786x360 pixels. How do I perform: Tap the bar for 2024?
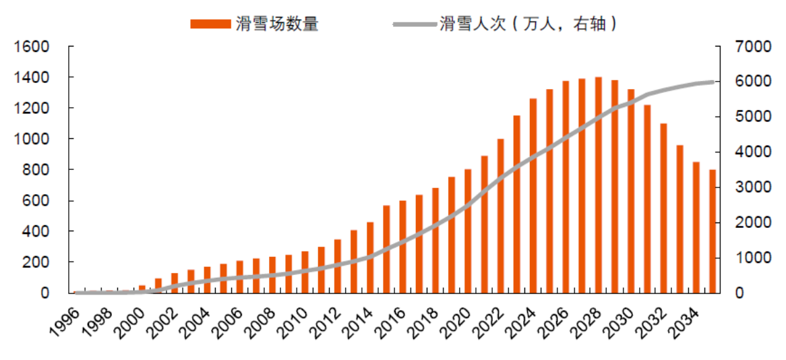(533, 196)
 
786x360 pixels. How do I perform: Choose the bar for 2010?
(305, 272)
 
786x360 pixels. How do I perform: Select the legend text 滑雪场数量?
(276, 24)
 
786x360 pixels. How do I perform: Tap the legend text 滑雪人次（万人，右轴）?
(529, 24)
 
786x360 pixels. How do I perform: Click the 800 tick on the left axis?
(39, 170)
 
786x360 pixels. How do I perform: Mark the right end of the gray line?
(713, 82)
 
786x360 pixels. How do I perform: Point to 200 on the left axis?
(39, 262)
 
